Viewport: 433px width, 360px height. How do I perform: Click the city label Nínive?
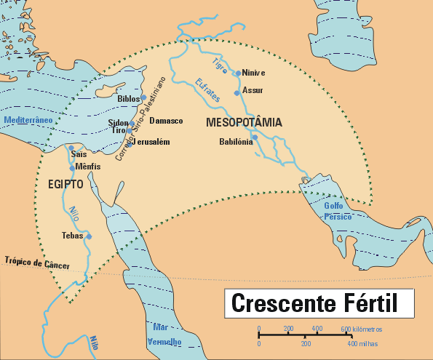[254, 73]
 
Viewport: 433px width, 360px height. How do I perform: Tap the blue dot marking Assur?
[237, 92]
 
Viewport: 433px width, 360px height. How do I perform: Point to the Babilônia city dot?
[255, 137]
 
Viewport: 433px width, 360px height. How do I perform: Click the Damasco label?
[166, 121]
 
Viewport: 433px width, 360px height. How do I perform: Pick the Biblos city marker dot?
[144, 97]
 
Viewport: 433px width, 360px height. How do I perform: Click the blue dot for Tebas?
[89, 236]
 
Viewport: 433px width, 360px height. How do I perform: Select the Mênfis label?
[87, 167]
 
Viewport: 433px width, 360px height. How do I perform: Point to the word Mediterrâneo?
[28, 119]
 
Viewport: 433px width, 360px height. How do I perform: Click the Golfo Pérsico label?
[338, 212]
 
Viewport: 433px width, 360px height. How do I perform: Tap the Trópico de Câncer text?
[36, 263]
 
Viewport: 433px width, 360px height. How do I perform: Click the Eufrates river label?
[209, 91]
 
